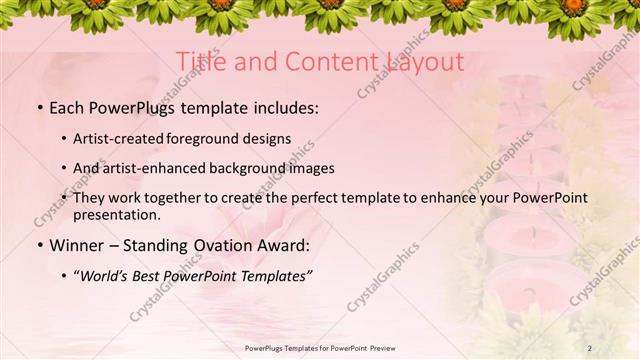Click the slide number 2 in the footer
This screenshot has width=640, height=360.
589,347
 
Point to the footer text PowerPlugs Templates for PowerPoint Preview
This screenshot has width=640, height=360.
319,347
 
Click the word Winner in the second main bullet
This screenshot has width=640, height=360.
81,245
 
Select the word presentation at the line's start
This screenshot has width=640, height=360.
116,214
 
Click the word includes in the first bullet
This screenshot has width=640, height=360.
283,105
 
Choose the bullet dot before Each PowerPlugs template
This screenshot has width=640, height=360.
39,106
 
